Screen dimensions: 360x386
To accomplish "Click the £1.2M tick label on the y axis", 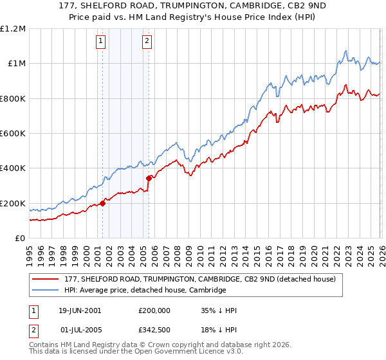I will point(13,29).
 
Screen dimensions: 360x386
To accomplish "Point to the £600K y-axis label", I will point(13,134).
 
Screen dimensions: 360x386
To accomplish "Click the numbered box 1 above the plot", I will point(102,42).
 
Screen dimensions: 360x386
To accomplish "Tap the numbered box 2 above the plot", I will point(147,42).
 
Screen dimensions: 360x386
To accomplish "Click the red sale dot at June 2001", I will point(102,204).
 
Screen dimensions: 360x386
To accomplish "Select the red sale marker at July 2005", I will point(149,178).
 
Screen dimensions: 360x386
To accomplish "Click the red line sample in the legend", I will point(46,279).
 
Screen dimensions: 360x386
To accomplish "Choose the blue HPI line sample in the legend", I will point(46,290).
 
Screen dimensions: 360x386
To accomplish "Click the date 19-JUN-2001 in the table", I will point(80,310).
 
